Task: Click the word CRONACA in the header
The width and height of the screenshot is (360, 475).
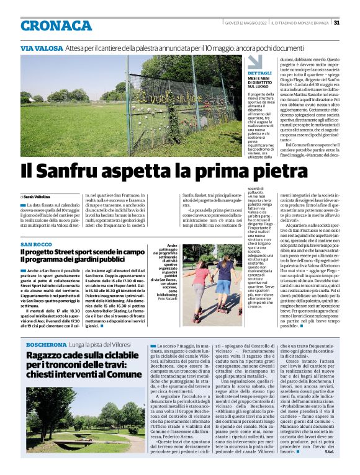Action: [x=56, y=25]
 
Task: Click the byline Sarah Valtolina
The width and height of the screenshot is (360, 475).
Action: [x=38, y=196]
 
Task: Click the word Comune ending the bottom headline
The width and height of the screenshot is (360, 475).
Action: [x=121, y=375]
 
